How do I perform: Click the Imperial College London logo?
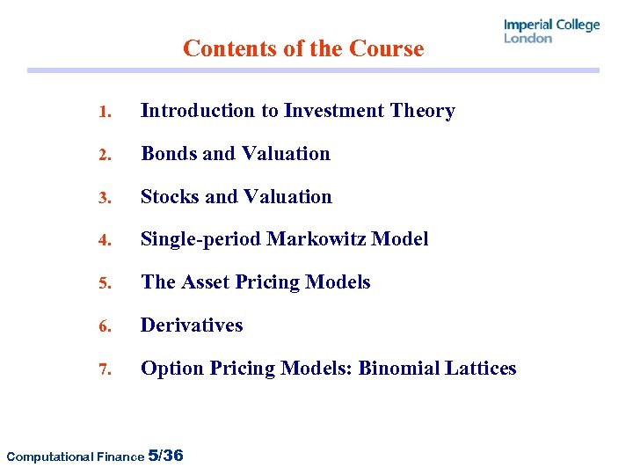click(551, 31)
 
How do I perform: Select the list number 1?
click(104, 112)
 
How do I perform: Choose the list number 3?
click(104, 198)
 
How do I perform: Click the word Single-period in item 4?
click(201, 239)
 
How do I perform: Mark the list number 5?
click(104, 284)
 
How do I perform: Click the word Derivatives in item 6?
click(192, 325)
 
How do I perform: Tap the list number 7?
click(104, 370)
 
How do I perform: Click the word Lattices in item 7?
click(484, 369)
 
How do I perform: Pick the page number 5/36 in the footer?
click(166, 455)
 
